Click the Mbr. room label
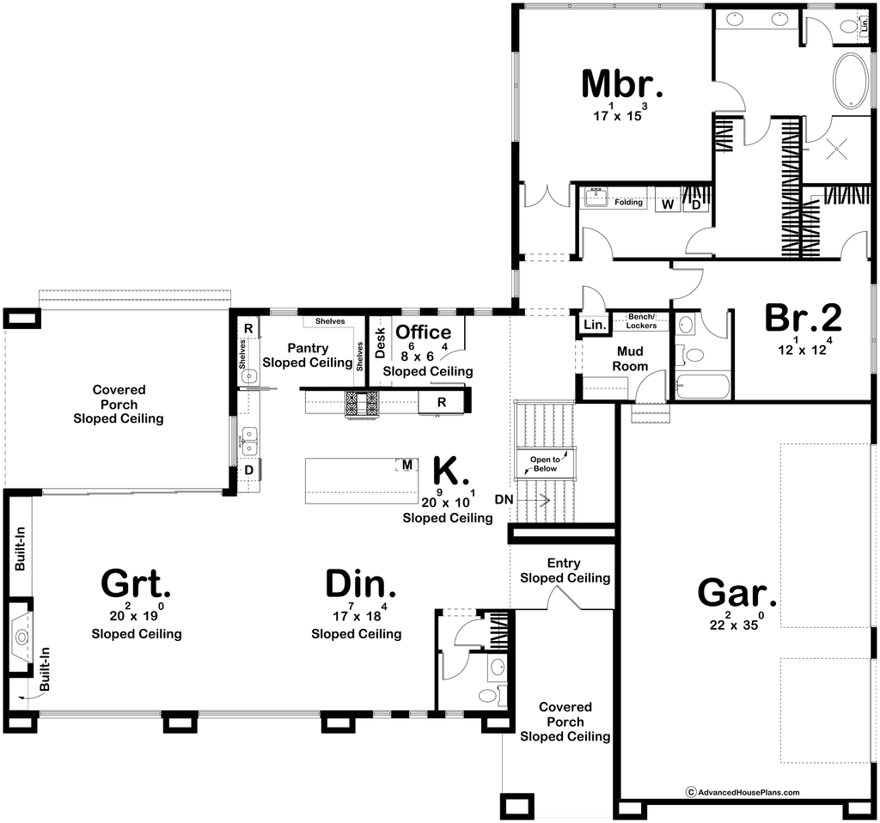click(622, 84)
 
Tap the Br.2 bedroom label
click(804, 318)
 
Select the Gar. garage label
click(736, 593)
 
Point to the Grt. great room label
click(136, 583)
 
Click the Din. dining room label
click(360, 583)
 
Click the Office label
click(423, 332)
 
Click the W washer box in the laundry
click(667, 204)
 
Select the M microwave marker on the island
click(407, 465)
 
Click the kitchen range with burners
click(362, 404)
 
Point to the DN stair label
click(504, 499)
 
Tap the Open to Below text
click(545, 464)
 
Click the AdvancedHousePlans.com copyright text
click(743, 792)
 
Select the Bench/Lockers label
click(641, 321)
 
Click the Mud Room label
click(630, 358)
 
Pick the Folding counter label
click(628, 202)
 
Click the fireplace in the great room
click(21, 637)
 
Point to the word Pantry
click(308, 349)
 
